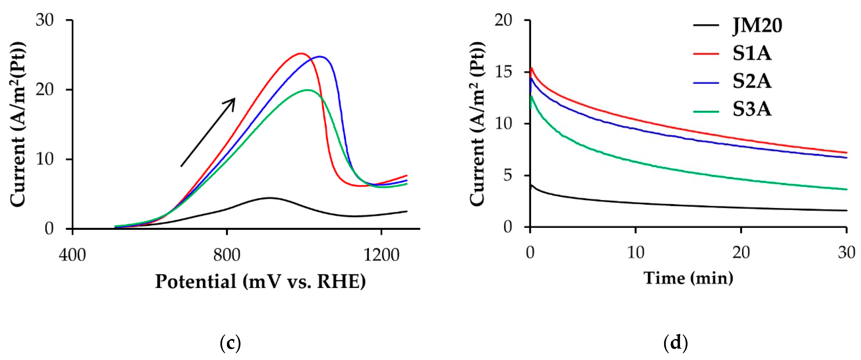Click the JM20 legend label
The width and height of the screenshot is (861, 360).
[x=757, y=26]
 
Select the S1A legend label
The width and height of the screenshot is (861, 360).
[x=752, y=53]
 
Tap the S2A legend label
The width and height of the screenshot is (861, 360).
[x=752, y=81]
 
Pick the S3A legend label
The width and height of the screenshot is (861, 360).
[x=752, y=109]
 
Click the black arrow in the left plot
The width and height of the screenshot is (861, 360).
[x=208, y=132]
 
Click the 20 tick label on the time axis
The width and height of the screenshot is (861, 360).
[x=741, y=252]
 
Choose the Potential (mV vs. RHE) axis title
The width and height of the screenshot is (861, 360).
[x=260, y=281]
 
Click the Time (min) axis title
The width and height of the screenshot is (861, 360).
[x=688, y=278]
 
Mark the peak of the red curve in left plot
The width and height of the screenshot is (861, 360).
[x=301, y=53]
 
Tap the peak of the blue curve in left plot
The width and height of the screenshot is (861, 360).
[x=320, y=57]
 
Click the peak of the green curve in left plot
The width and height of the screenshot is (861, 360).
[x=307, y=90]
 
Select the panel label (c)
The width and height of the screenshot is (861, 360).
[x=231, y=343]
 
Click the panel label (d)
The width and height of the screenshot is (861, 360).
[x=675, y=343]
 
